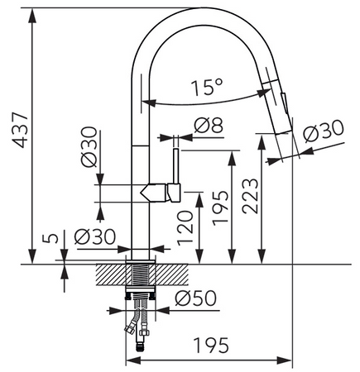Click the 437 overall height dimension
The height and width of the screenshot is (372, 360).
[21, 130]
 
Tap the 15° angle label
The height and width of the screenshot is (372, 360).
[207, 88]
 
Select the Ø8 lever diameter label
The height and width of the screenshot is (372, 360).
[209, 126]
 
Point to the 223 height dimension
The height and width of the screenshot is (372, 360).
[251, 196]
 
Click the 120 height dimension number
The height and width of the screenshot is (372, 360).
[185, 228]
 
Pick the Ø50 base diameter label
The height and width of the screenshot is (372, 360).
[195, 298]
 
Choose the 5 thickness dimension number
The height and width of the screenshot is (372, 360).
[50, 238]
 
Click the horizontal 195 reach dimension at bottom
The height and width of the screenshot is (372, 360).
[211, 346]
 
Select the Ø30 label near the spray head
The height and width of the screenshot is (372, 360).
[324, 131]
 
